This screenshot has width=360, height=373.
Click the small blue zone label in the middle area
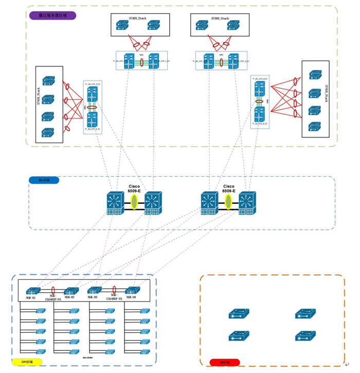(44, 181)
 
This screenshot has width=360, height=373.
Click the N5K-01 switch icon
(33, 290)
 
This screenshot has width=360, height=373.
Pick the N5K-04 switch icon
(133, 290)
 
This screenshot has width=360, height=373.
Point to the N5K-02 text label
(70, 297)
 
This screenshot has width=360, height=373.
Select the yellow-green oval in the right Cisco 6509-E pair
(229, 202)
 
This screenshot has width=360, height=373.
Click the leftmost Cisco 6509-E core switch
(113, 202)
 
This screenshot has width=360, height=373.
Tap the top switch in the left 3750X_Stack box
(48, 81)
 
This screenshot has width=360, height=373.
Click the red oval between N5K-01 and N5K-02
(53, 290)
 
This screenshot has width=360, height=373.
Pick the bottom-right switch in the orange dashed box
(305, 336)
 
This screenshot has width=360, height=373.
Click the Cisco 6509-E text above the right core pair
(229, 188)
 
